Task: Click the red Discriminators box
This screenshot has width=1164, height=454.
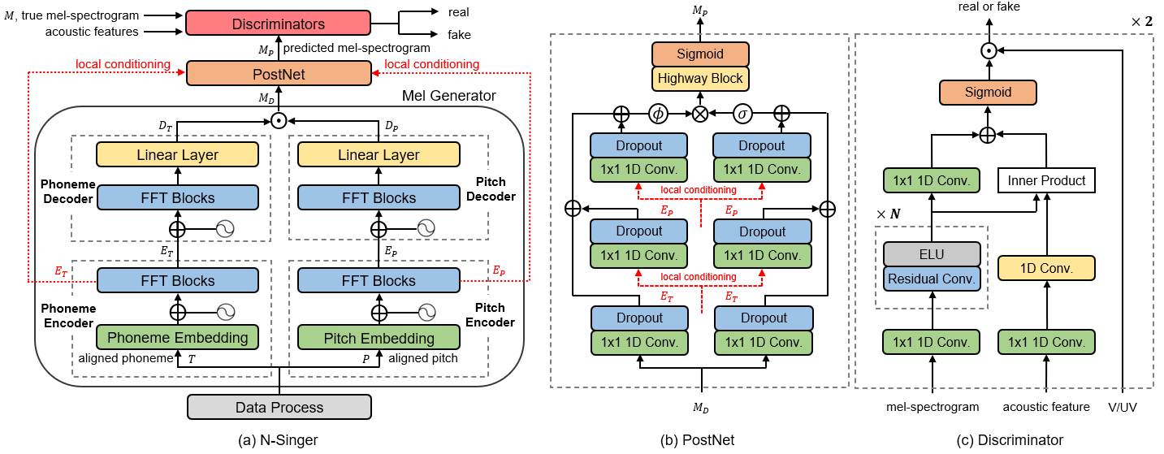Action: click(x=279, y=24)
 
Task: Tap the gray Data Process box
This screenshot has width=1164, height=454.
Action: click(x=279, y=407)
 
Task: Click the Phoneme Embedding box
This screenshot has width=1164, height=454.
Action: click(x=177, y=338)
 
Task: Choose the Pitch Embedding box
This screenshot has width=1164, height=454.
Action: click(x=379, y=338)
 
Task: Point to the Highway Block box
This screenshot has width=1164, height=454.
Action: click(x=700, y=79)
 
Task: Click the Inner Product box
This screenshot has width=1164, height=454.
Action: click(x=1046, y=180)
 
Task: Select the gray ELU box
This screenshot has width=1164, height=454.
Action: click(x=932, y=254)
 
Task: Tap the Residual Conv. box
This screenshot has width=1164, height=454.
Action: click(x=932, y=279)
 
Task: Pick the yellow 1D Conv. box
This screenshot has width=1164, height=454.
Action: click(x=1046, y=268)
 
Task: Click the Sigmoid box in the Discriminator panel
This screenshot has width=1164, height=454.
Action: click(x=988, y=92)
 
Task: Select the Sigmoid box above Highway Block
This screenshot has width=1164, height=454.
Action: click(x=700, y=54)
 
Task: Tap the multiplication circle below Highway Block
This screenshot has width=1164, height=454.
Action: click(x=700, y=114)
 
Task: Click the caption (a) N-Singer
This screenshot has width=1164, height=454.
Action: click(x=279, y=439)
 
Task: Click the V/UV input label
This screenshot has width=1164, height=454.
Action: click(x=1123, y=406)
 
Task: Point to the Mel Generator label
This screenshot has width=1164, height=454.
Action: click(x=449, y=97)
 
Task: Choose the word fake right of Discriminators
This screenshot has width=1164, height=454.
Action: click(x=459, y=35)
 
